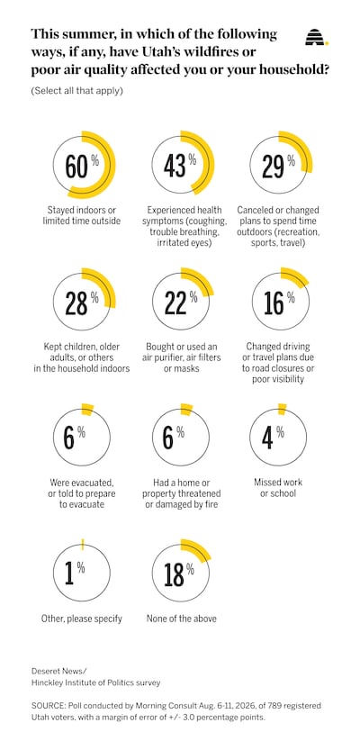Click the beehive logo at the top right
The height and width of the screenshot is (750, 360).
point(317,37)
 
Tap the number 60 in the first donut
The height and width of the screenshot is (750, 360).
point(76,166)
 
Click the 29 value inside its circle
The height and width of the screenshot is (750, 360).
point(274,167)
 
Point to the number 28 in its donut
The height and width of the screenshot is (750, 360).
point(76,303)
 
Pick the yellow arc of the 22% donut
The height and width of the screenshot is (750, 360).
point(198,281)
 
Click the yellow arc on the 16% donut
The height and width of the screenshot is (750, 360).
point(295,277)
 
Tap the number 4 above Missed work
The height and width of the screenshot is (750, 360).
point(268,438)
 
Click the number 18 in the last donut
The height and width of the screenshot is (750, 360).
point(174,574)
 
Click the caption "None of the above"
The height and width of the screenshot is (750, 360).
point(181,619)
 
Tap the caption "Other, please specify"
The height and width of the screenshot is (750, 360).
point(82,619)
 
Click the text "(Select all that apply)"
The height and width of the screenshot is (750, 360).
point(77,91)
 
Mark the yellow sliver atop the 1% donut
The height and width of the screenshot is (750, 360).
point(82,544)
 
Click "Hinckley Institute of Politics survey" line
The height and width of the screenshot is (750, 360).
point(96,683)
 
